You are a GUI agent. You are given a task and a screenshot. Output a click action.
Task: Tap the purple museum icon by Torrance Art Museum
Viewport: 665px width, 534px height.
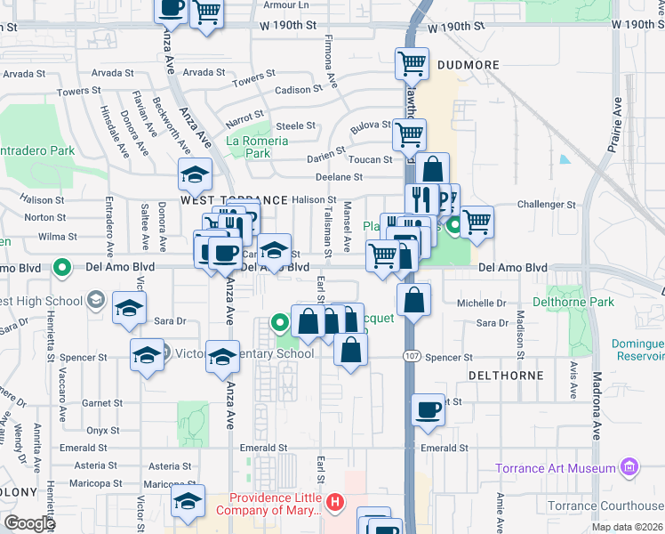click(630, 466)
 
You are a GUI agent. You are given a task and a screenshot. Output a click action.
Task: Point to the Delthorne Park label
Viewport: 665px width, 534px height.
click(573, 303)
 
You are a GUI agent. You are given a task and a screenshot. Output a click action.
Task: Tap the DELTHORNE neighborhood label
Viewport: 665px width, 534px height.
click(506, 376)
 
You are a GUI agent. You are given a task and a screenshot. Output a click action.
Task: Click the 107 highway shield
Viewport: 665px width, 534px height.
click(411, 357)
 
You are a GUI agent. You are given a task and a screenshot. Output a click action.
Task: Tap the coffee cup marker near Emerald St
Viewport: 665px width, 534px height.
click(429, 409)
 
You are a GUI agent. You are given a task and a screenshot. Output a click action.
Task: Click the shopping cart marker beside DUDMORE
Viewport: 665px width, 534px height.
click(412, 63)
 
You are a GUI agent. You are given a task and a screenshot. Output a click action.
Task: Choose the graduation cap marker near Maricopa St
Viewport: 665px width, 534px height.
click(188, 500)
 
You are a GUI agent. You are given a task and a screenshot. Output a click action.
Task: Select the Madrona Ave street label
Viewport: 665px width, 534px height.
click(596, 406)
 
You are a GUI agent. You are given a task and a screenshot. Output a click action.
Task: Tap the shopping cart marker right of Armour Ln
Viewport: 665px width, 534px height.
click(206, 12)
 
